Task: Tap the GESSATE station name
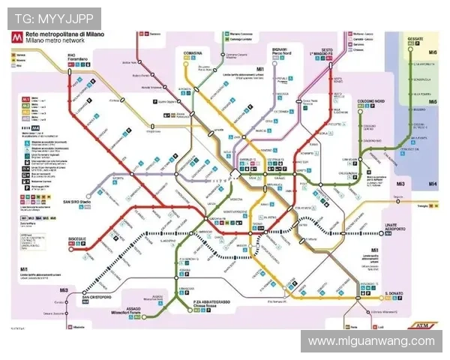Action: pos(415,37)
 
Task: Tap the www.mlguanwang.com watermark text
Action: pos(371,341)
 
